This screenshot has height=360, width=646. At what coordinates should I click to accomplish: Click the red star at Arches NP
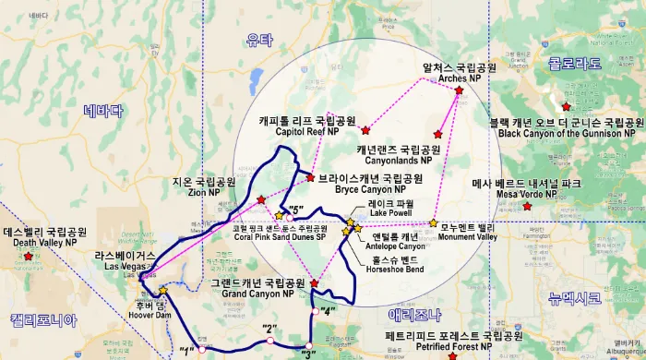point(459,90)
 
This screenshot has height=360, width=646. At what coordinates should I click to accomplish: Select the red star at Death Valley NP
point(30,257)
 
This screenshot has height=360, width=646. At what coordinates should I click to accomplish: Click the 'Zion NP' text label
point(201,193)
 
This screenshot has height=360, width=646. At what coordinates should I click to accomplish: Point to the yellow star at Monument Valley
point(433,222)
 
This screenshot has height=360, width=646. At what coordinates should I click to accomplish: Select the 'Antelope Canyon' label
point(398,246)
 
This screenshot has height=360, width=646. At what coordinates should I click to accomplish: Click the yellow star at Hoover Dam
point(162,291)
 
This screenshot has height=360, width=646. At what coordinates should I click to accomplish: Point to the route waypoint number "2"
point(269,329)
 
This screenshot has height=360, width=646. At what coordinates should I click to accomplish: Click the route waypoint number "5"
point(295,208)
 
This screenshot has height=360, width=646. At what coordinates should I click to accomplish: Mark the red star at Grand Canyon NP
point(314,283)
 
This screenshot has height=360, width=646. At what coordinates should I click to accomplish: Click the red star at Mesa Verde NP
point(527,206)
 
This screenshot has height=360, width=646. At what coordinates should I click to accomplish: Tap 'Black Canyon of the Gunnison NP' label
point(566,133)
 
